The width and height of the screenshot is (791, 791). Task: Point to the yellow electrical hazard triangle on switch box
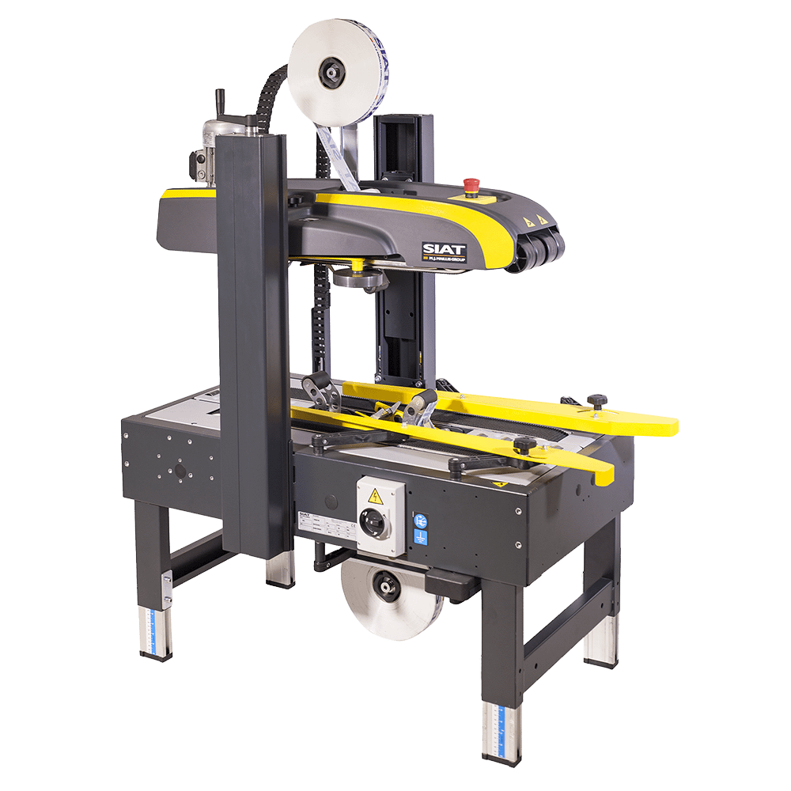(x=373, y=495)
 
